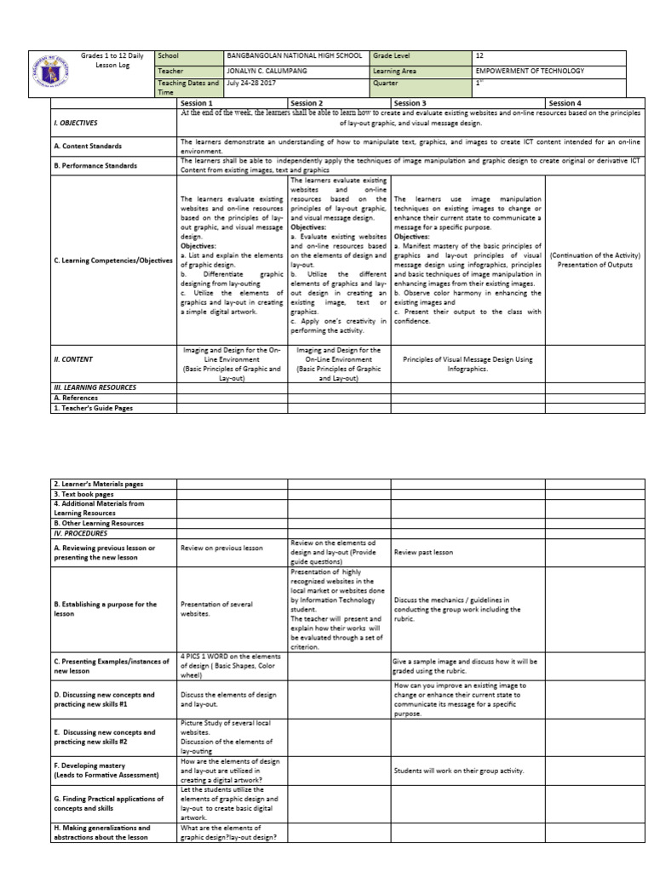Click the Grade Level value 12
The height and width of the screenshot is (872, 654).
(481, 55)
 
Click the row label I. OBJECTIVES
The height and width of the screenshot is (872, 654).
(77, 123)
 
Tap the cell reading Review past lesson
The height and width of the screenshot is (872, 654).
(423, 553)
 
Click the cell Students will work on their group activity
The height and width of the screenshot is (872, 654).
(458, 772)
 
